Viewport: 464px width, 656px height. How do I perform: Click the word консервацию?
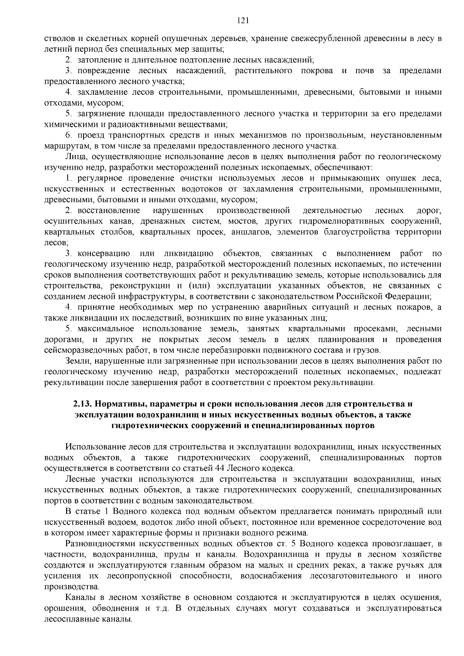coord(103,254)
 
